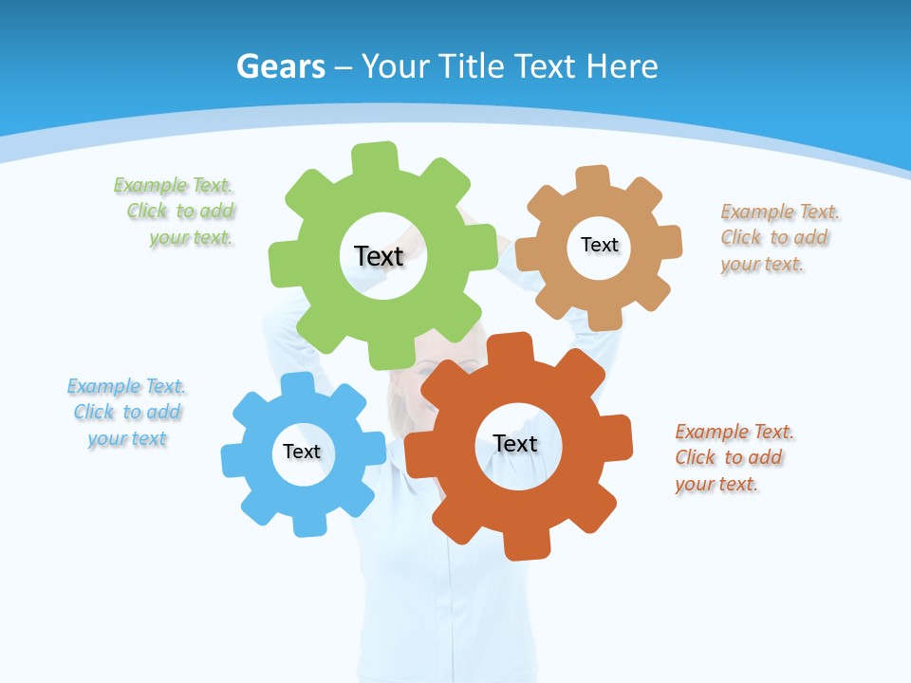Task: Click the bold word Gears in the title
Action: [x=280, y=66]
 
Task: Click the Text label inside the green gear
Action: [x=379, y=256]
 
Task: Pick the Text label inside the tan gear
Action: [x=599, y=245]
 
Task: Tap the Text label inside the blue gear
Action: [x=301, y=452]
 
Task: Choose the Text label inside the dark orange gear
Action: [x=515, y=443]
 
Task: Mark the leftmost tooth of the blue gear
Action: [x=233, y=460]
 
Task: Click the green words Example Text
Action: [x=173, y=185]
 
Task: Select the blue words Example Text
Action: [x=126, y=386]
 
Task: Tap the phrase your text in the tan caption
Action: [x=761, y=264]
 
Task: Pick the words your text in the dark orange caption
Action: [x=716, y=484]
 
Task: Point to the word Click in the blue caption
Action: [x=94, y=412]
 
